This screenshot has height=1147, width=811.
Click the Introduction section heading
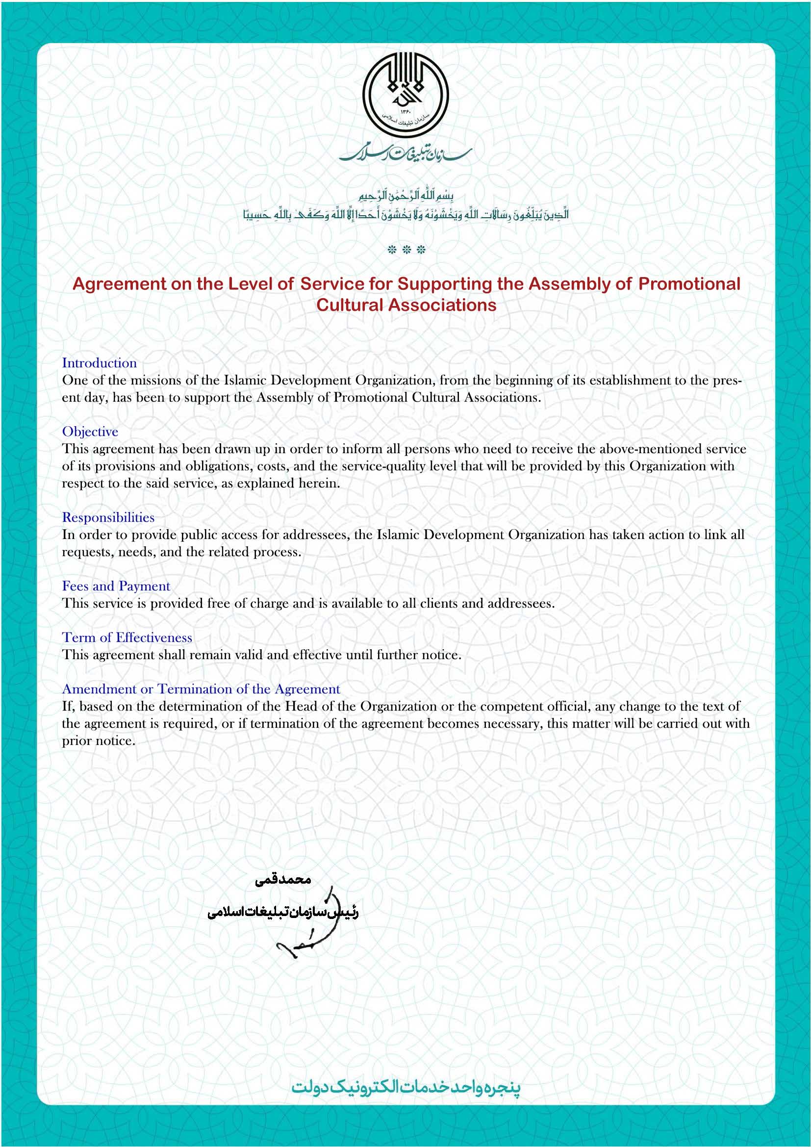click(100, 363)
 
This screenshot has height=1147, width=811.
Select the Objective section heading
click(90, 432)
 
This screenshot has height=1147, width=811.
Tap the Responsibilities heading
click(108, 517)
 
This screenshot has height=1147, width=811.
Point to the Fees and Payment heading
click(116, 586)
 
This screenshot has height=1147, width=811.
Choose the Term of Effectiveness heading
click(127, 637)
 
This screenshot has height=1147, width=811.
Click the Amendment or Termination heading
click(201, 689)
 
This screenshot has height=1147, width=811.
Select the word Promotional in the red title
click(689, 284)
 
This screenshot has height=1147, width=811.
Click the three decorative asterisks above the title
click(406, 250)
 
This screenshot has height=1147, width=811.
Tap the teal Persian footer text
click(405, 1088)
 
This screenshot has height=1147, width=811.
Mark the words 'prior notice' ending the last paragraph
click(99, 741)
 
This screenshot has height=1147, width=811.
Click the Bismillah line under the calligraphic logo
click(406, 195)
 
